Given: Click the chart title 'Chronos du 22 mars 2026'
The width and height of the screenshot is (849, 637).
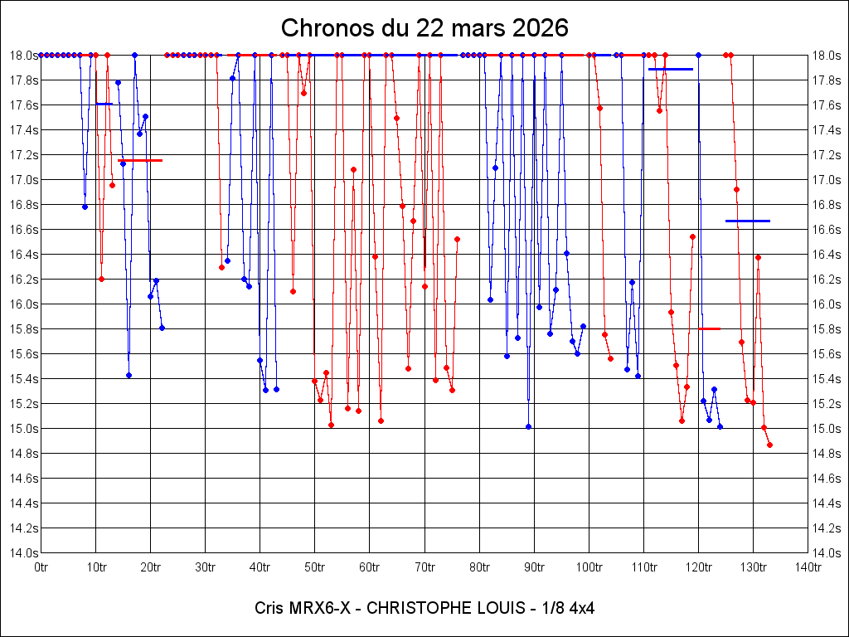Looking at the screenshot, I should pyautogui.click(x=424, y=27).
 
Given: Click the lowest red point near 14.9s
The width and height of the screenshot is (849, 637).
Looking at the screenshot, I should pyautogui.click(x=769, y=445).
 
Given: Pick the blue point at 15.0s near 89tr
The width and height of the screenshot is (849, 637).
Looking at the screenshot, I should pyautogui.click(x=528, y=426).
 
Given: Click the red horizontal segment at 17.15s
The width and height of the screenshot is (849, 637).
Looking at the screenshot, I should pyautogui.click(x=140, y=160).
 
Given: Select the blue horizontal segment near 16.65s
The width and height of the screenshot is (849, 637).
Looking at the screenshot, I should pyautogui.click(x=748, y=221).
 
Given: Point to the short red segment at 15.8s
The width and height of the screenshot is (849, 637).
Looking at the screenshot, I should pyautogui.click(x=709, y=328).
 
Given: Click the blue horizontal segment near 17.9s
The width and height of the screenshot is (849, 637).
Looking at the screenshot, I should pyautogui.click(x=671, y=69).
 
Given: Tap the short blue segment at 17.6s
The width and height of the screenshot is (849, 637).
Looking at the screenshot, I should pyautogui.click(x=104, y=104).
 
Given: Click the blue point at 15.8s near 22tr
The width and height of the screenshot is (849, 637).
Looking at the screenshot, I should pyautogui.click(x=162, y=328).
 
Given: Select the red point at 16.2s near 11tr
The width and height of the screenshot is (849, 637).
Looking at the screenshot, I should pyautogui.click(x=101, y=279).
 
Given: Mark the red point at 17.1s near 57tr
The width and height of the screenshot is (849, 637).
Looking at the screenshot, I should pyautogui.click(x=353, y=169).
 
